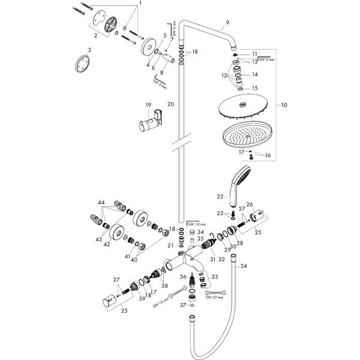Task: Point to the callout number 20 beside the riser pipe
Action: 170,104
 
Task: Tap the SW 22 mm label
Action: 214,296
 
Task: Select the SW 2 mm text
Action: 266,60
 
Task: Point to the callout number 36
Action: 182,277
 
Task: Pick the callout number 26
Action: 250,205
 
